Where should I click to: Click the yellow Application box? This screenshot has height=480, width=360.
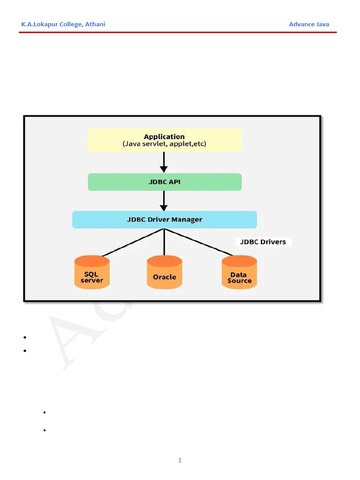pos(165,140)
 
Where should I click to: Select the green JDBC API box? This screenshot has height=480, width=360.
pos(165,182)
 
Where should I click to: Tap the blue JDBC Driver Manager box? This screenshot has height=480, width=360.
pos(165,219)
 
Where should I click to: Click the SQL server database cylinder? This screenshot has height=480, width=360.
pos(92,272)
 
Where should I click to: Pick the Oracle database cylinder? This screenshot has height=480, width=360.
pos(165,272)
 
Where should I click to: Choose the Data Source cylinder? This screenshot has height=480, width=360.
pos(239,272)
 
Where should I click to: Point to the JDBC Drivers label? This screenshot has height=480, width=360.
pos(263,242)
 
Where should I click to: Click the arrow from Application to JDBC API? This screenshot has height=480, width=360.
pos(164,162)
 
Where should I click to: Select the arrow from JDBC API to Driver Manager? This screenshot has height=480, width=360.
pos(164,201)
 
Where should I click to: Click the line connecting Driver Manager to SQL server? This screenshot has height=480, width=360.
pos(133,242)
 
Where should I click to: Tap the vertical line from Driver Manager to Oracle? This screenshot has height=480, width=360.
pos(164,242)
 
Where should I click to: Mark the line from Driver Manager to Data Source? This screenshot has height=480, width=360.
pos(199,242)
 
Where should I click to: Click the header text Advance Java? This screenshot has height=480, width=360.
pos(309,24)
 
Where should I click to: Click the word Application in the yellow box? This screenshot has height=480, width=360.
pos(164,137)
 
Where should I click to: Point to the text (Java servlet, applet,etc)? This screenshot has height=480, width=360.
pos(164,144)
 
